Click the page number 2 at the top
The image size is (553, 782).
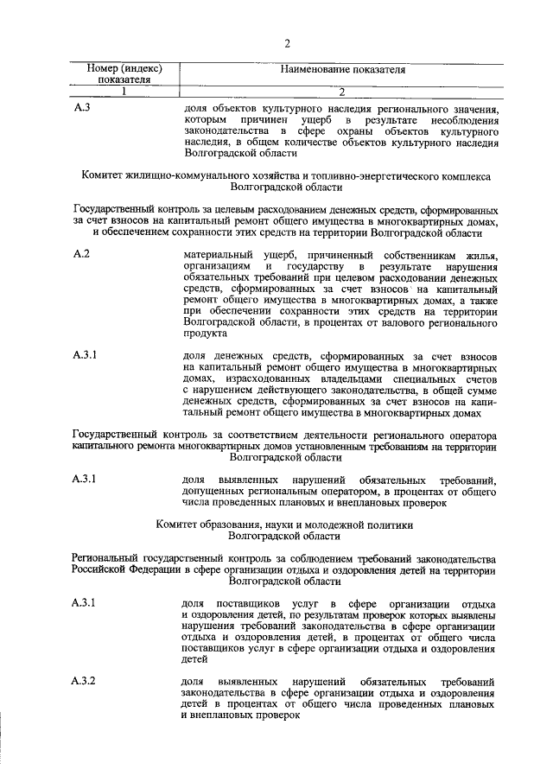(286, 44)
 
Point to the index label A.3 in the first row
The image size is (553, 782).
(81, 107)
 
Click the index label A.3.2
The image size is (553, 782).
(85, 682)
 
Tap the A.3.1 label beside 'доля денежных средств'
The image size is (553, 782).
(85, 354)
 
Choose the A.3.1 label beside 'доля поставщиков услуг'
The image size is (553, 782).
(85, 601)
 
